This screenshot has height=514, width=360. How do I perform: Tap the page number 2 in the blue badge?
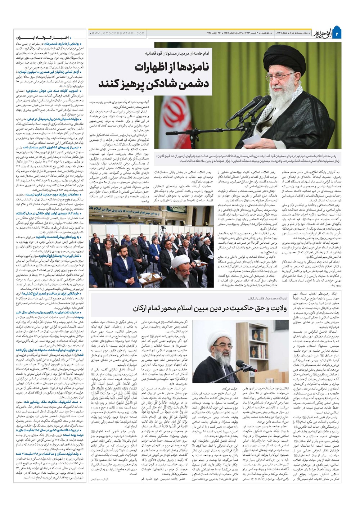click(x=347, y=33)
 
